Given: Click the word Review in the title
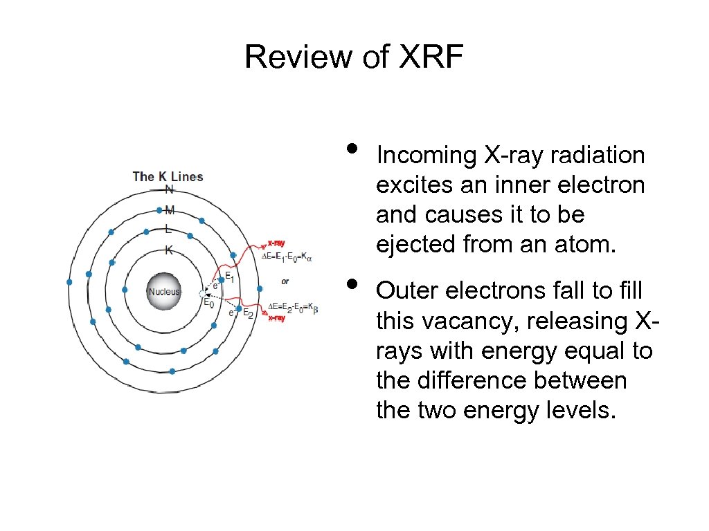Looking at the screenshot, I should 298,57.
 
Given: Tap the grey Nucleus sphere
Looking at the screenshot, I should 164,291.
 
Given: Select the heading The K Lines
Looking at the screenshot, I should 168,176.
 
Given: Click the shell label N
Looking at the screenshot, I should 169,190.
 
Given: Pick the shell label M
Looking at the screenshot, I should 170,209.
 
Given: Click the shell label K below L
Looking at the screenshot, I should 168,251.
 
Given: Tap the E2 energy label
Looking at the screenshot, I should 248,313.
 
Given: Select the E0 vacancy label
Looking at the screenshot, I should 208,304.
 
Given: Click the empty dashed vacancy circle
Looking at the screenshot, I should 203,294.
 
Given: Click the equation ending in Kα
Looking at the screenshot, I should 287,257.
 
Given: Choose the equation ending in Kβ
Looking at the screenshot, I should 293,306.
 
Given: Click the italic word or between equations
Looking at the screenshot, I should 285,281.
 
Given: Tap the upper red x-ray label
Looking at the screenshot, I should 276,243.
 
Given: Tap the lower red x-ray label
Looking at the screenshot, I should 276,318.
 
